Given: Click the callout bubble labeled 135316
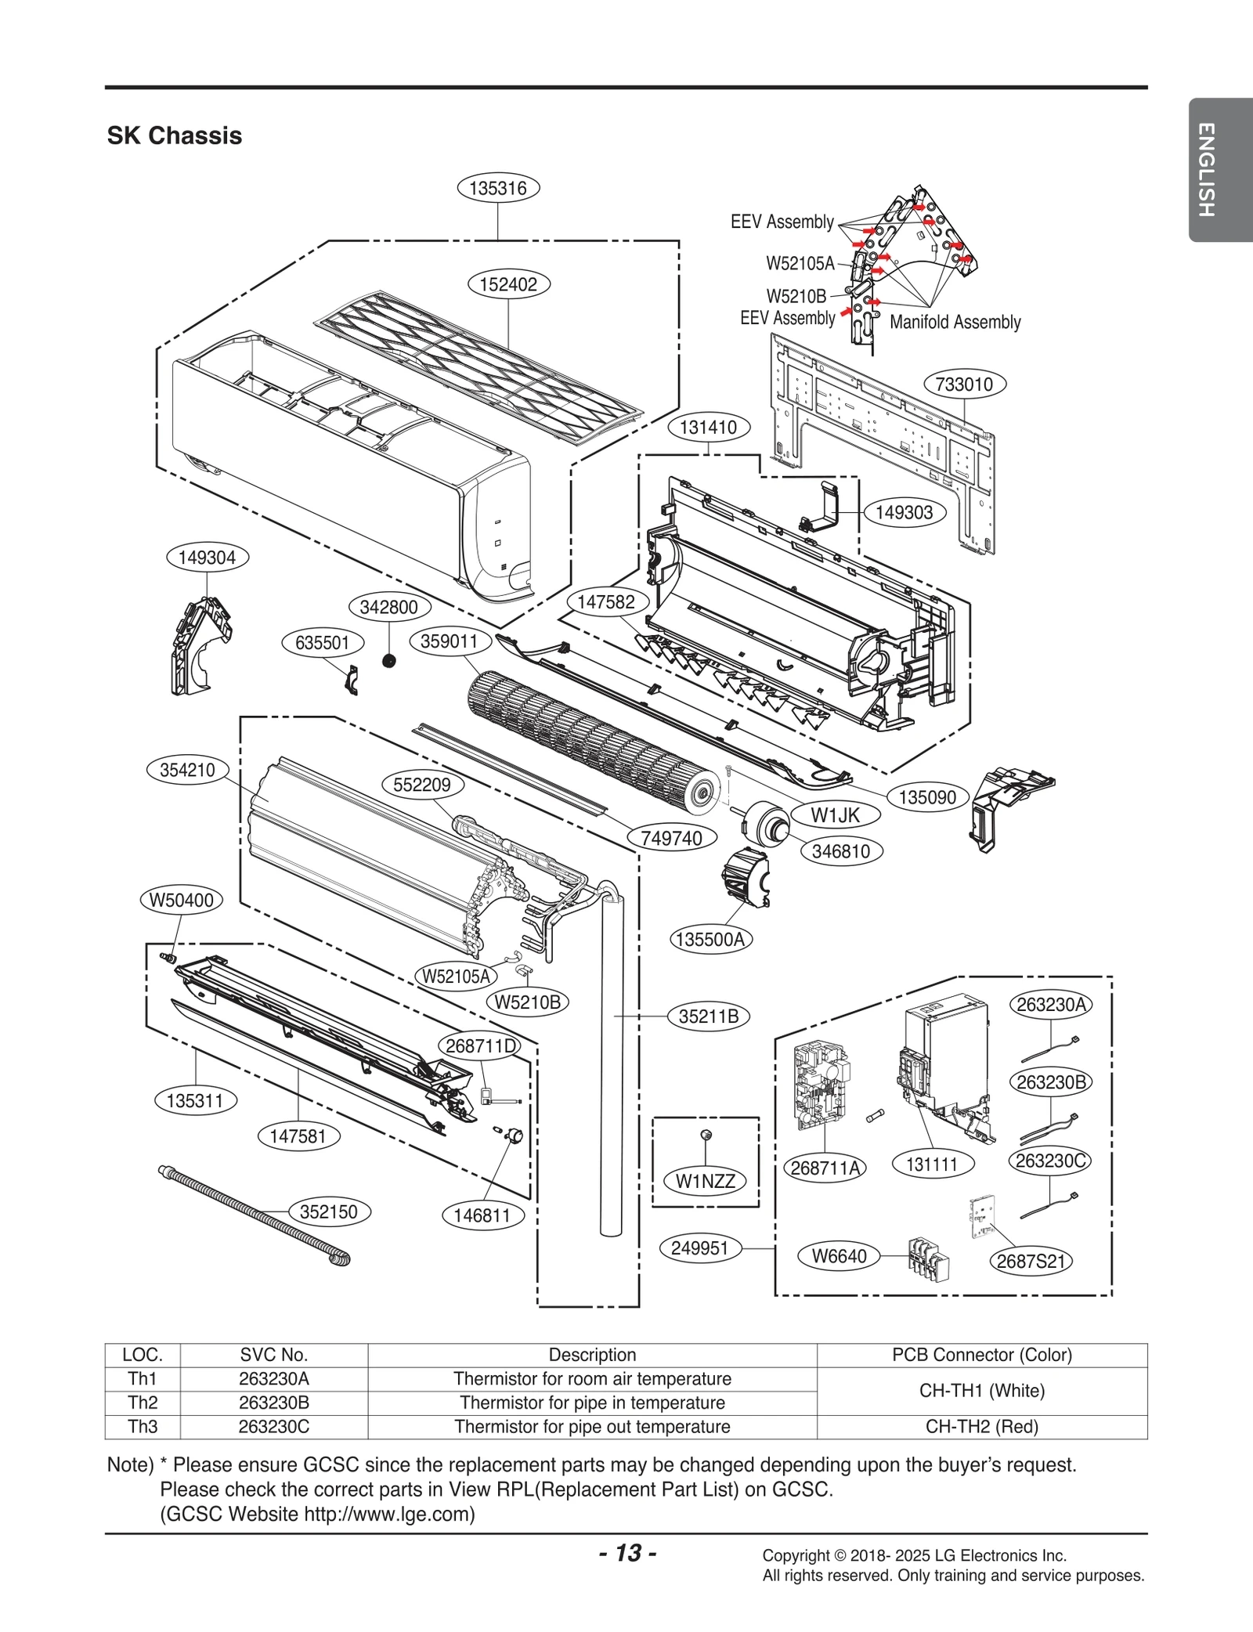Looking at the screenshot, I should click(498, 188).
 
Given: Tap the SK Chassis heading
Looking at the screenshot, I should click(174, 135).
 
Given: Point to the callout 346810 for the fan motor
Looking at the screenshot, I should click(841, 851).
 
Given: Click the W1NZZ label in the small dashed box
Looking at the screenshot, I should click(705, 1181).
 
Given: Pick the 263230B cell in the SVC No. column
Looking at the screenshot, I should click(273, 1403).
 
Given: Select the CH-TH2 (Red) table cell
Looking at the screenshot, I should click(981, 1427).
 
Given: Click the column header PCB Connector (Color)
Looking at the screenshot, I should click(981, 1355).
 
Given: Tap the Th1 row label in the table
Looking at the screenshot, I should click(143, 1378).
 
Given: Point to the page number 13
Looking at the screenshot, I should click(627, 1553).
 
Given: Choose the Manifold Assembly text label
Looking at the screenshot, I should click(955, 322).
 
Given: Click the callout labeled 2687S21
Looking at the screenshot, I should click(1031, 1261).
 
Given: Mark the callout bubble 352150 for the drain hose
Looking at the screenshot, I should click(329, 1211).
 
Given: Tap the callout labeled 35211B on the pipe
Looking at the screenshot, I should click(709, 1016).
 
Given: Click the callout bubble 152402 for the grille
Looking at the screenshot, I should click(508, 284).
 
